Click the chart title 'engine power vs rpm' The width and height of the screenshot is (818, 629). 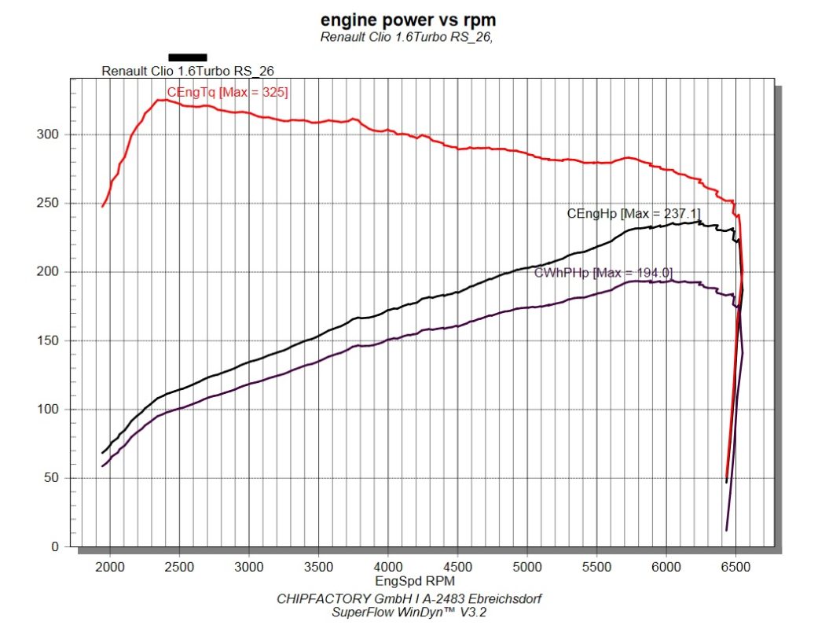point(408,20)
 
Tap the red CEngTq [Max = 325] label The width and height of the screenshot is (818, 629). point(227,93)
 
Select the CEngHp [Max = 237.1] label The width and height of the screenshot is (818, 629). point(633,213)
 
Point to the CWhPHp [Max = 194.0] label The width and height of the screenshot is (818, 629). point(603,273)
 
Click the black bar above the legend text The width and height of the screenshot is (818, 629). point(188,57)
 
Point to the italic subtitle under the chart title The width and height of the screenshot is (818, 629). point(408,37)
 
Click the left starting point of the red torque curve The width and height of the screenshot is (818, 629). point(103,206)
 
